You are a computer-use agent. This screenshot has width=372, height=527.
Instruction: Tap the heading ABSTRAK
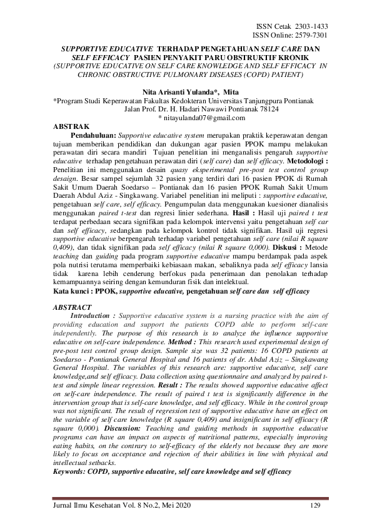(72, 126)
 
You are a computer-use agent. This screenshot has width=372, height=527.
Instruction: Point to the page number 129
(315, 505)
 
